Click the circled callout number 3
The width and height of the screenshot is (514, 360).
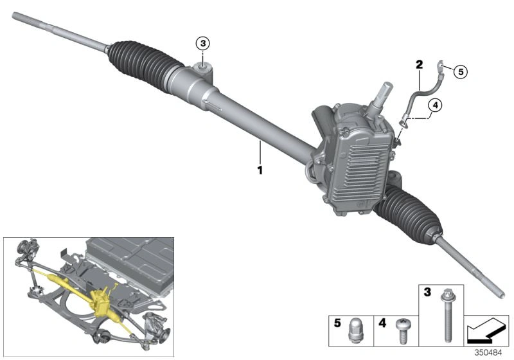pyautogui.click(x=203, y=44)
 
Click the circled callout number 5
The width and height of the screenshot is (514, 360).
pyautogui.click(x=461, y=71)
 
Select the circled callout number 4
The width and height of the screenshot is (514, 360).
pyautogui.click(x=434, y=106)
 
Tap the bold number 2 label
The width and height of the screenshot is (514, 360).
pyautogui.click(x=419, y=64)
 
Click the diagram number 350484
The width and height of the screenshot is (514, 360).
pyautogui.click(x=493, y=353)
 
